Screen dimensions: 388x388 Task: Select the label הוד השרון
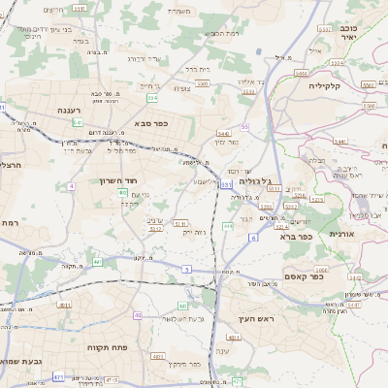(x=120, y=180)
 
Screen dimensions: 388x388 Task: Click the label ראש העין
(x=256, y=319)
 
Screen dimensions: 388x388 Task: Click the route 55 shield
(x=245, y=127)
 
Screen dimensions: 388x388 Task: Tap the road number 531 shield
(x=226, y=183)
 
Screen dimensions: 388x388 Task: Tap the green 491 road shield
(x=97, y=262)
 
